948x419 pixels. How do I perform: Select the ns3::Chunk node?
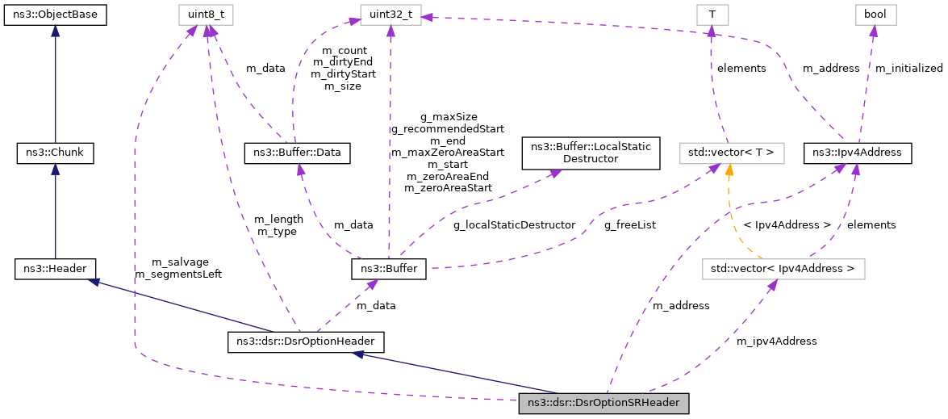pyautogui.click(x=55, y=152)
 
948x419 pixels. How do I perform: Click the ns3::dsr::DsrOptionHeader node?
pyautogui.click(x=306, y=342)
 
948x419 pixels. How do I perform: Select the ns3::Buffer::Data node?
pyautogui.click(x=297, y=152)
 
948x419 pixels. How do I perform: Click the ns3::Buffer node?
pyautogui.click(x=388, y=268)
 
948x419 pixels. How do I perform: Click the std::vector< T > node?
pyautogui.click(x=731, y=152)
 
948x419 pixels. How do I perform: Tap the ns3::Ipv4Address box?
pyautogui.click(x=858, y=152)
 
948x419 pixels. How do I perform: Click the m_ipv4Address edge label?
pyautogui.click(x=776, y=341)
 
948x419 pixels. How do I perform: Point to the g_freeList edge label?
pyautogui.click(x=629, y=225)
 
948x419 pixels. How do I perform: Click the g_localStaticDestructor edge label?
pyautogui.click(x=514, y=224)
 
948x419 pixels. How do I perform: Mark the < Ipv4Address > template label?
pyautogui.click(x=787, y=224)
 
